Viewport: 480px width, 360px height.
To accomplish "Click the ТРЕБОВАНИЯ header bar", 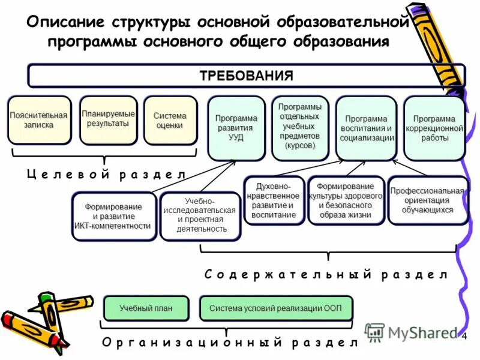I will coord(246,76).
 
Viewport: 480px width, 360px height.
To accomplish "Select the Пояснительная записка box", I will coord(39,120).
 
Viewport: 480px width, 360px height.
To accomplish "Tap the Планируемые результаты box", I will coord(108,119).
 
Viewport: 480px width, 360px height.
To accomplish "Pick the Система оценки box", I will coord(170,121).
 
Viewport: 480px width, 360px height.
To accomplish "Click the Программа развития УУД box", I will coord(236,128).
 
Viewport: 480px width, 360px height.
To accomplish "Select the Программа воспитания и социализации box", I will coord(366,128).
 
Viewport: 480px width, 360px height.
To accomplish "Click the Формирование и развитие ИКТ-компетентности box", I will coord(113,216).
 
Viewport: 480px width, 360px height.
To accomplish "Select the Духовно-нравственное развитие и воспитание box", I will coord(273,200).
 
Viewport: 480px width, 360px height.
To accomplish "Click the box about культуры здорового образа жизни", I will coord(345,200).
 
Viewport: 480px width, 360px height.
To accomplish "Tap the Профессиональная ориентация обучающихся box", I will coord(427,200).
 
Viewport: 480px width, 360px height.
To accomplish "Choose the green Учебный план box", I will coord(146,308).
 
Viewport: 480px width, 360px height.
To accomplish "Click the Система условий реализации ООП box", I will coord(275,308).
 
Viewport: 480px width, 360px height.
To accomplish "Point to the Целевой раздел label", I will coord(105,174).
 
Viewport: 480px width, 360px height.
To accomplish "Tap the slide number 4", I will coord(465,336).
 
